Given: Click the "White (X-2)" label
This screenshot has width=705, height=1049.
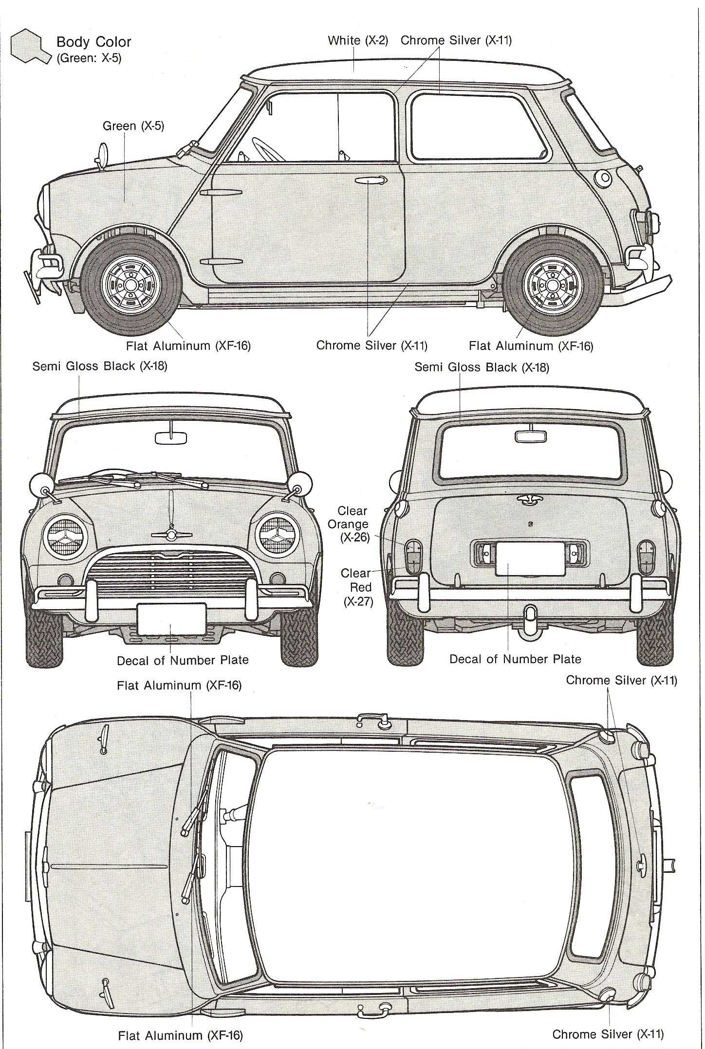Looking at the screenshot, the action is tap(358, 40).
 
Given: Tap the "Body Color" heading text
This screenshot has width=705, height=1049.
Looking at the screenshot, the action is tap(93, 42).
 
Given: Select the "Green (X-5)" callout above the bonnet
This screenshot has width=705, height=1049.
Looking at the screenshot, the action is tap(133, 126).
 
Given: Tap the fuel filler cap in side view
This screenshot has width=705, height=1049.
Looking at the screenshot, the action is tap(604, 179).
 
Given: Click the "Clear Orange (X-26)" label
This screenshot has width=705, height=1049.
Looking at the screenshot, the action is tap(353, 524).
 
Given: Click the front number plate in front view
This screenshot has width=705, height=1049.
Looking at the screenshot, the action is tap(171, 618).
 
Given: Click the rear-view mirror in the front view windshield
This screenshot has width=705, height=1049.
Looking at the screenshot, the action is tap(171, 436).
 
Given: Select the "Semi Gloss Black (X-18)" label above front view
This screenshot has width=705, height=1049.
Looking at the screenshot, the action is tap(100, 366).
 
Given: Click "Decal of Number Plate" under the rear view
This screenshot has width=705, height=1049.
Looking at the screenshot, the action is tap(515, 659).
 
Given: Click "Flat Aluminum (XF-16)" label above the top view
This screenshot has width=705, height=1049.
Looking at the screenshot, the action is tap(179, 685).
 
